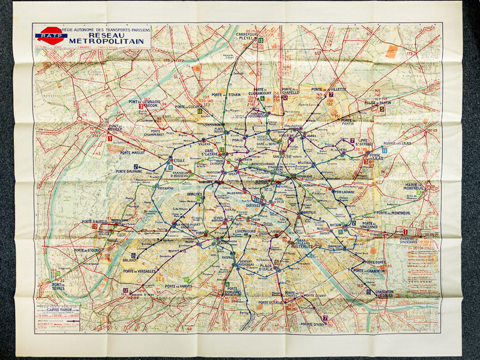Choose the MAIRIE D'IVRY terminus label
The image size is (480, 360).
coord(313,325)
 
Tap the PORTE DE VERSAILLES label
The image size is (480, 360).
coord(139,271)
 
